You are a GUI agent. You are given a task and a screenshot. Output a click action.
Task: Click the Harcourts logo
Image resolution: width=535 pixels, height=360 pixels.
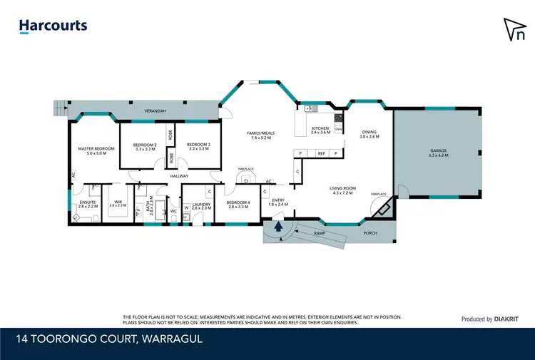point(53,26)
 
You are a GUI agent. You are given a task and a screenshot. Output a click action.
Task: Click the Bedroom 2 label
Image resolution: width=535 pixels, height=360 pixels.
point(145,146)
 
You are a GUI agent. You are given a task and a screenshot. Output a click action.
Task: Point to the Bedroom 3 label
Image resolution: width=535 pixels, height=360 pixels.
point(198,146)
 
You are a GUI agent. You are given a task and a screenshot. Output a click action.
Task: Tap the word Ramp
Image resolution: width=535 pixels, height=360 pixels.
point(330,233)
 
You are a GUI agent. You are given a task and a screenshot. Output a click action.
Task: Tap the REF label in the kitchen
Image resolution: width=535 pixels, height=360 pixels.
point(322,153)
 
